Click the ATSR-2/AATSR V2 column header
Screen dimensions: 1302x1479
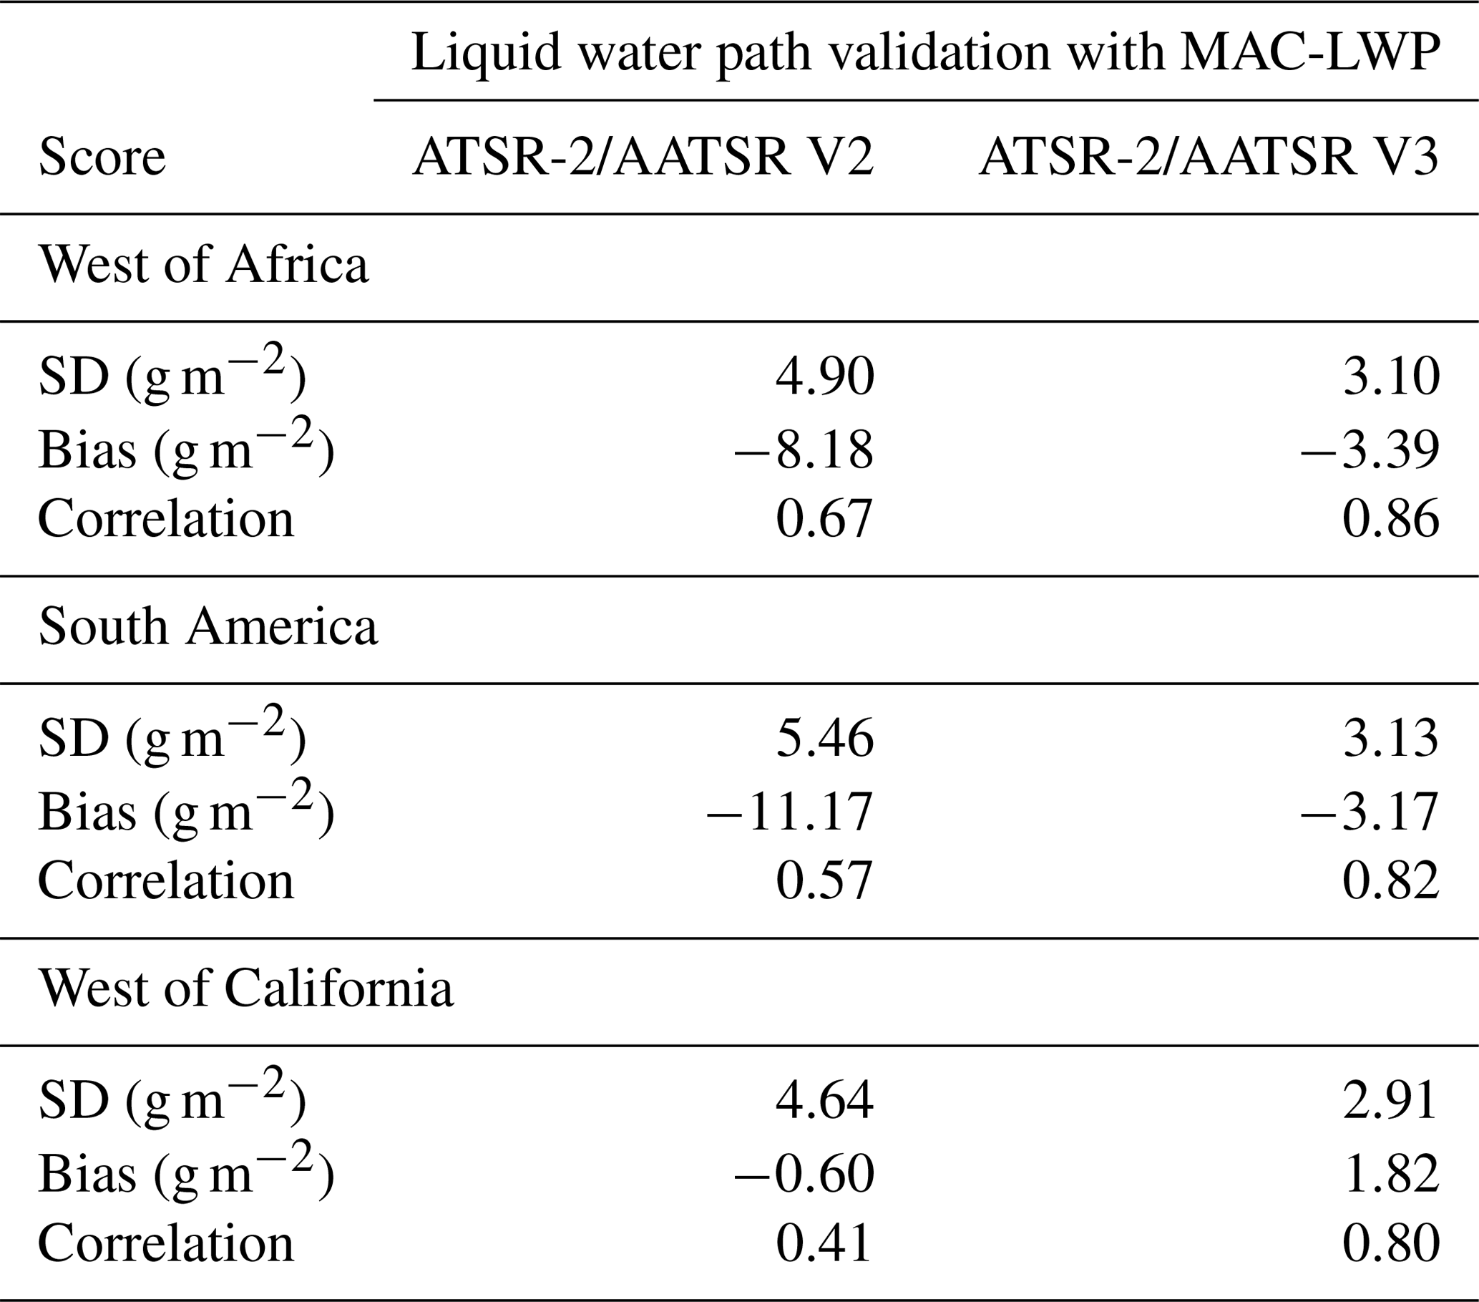tap(643, 157)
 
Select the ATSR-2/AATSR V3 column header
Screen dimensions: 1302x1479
tap(1209, 157)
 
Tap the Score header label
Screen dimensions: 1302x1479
tap(102, 157)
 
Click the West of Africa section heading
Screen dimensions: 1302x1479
tap(203, 265)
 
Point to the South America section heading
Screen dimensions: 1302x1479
tap(208, 627)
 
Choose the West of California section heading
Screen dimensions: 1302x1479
tap(246, 988)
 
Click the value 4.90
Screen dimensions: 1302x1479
tap(825, 376)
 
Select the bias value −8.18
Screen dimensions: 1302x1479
tap(804, 450)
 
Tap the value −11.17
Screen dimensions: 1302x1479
tap(790, 811)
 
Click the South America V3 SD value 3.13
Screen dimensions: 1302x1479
tap(1391, 739)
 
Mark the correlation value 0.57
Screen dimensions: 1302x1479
tap(825, 882)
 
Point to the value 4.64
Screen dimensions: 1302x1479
tap(825, 1100)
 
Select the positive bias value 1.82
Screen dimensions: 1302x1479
tap(1391, 1173)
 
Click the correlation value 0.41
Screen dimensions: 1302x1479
tap(825, 1243)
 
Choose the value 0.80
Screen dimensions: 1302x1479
tap(1391, 1243)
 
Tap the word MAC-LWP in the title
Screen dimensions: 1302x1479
tap(1309, 52)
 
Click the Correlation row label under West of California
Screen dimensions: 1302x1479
tap(166, 1243)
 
